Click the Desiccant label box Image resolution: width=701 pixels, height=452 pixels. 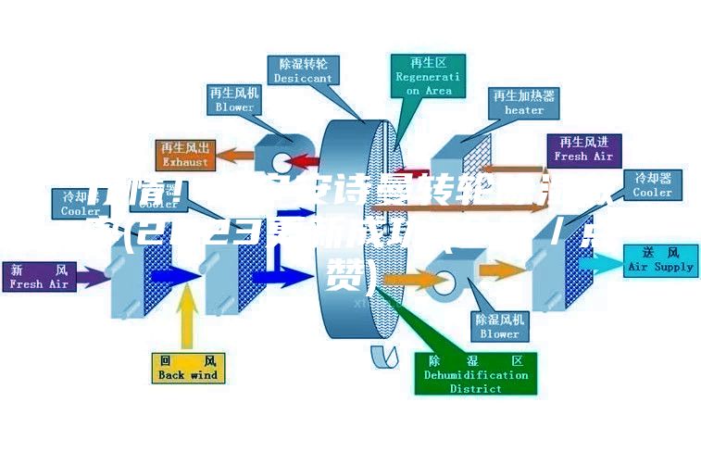(303, 70)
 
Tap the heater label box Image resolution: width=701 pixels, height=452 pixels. (523, 102)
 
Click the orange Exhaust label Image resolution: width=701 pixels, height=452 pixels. (185, 155)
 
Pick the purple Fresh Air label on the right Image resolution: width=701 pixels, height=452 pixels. (583, 149)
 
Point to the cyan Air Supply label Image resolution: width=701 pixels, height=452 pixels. (659, 259)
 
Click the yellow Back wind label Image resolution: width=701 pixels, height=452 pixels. (187, 368)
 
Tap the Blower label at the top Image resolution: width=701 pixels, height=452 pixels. (234, 99)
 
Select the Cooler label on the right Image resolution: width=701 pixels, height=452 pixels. (652, 185)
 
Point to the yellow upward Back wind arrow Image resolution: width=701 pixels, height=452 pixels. (188, 320)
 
